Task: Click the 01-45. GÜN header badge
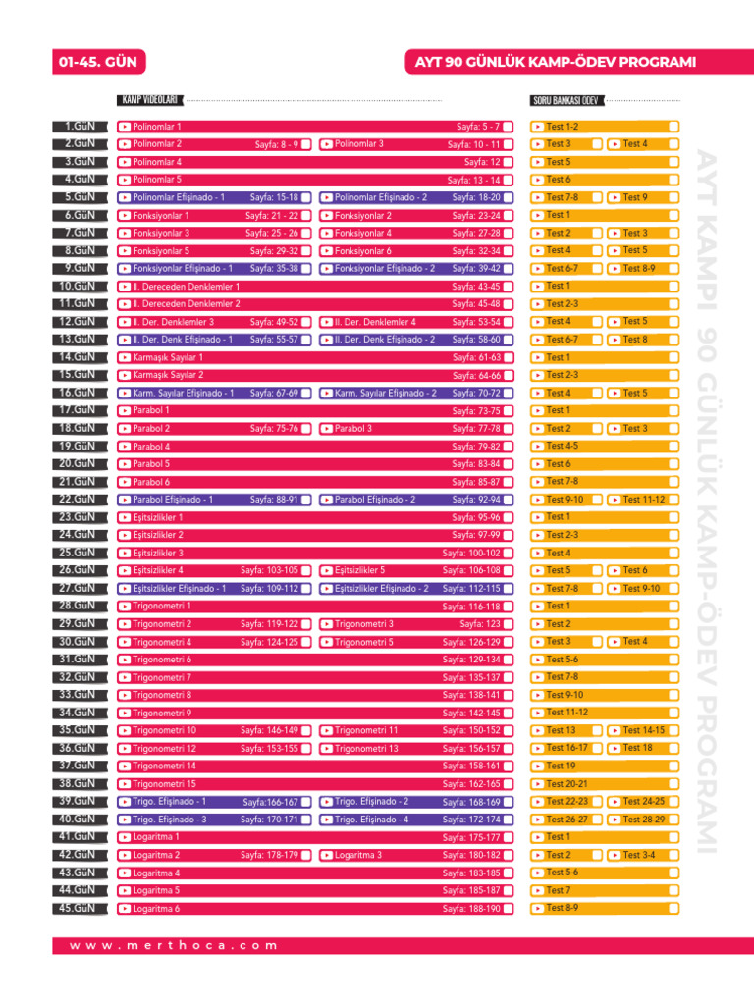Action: (x=96, y=63)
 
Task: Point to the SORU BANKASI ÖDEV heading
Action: (x=565, y=100)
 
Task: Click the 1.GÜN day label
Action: (x=76, y=127)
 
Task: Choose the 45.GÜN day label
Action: (x=76, y=908)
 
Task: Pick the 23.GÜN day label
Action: (x=76, y=517)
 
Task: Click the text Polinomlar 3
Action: (x=358, y=144)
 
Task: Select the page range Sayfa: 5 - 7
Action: (x=478, y=127)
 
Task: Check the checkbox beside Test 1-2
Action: (x=673, y=127)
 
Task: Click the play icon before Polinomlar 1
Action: (x=125, y=127)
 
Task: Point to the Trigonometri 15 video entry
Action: (x=164, y=784)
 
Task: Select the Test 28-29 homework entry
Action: (x=643, y=820)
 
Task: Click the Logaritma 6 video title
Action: (x=156, y=909)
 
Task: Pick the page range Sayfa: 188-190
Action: (x=471, y=909)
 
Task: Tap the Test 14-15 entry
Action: (x=643, y=730)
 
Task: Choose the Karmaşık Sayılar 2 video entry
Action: (x=168, y=375)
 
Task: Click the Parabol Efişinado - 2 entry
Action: (x=375, y=500)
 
